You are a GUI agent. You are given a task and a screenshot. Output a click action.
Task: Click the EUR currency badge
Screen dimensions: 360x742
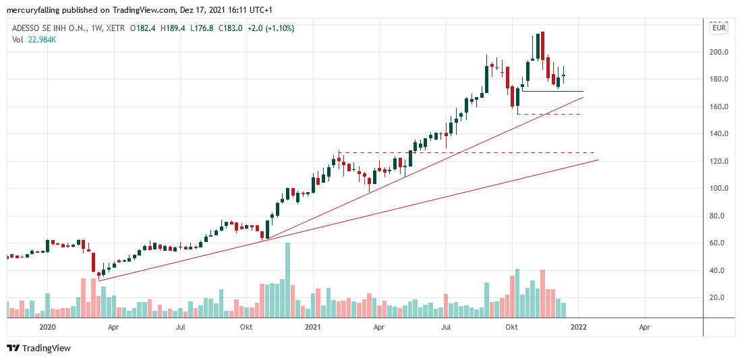point(719,28)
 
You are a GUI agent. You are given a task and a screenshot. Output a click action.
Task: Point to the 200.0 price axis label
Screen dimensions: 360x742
point(718,53)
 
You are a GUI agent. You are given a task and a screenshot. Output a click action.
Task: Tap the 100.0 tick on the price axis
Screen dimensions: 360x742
point(718,189)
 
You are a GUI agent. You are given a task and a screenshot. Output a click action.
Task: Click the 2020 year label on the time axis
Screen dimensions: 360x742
point(47,328)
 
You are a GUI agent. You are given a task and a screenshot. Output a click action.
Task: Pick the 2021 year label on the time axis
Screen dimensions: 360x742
point(312,328)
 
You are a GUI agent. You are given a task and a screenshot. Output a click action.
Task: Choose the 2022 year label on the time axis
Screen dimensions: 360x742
point(578,328)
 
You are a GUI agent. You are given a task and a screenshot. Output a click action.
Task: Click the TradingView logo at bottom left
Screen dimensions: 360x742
point(38,349)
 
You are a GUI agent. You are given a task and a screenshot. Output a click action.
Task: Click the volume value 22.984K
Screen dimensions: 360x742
point(41,39)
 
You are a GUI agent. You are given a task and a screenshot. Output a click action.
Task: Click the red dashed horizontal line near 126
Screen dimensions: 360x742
point(472,153)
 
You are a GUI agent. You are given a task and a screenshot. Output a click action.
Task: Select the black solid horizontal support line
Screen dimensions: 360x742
point(553,91)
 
